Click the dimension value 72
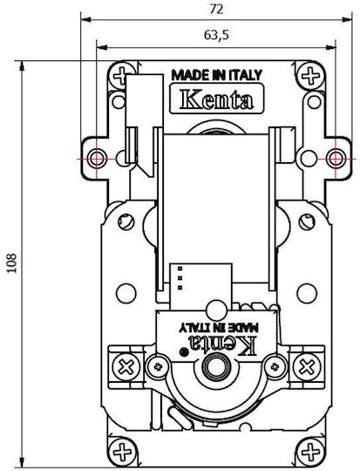216,9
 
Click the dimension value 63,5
216,35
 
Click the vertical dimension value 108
12,263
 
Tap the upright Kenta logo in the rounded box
217,99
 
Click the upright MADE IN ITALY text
217,75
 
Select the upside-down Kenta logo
222,345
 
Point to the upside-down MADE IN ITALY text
219,328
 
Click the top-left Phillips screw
122,76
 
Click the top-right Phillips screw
311,76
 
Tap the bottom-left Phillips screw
122,452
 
